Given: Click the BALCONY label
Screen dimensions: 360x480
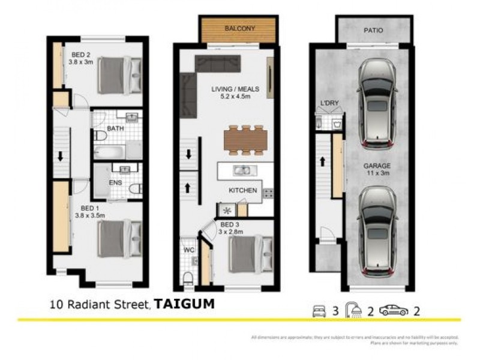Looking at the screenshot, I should click(x=240, y=28).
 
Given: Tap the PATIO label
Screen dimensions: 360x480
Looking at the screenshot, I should click(x=373, y=30).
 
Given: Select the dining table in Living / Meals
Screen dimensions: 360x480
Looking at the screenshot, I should click(x=244, y=140).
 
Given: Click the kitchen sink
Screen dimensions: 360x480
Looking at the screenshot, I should click(x=243, y=169).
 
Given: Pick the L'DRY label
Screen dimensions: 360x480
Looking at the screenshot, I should click(x=329, y=103).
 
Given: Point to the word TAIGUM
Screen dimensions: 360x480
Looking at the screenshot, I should click(x=184, y=303).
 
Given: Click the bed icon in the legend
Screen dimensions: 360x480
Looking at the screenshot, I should click(x=319, y=310).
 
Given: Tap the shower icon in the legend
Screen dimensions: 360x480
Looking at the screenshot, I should click(x=356, y=310).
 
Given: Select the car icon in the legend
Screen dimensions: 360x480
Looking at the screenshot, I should click(x=394, y=310).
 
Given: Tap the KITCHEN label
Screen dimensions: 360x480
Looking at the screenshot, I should click(x=243, y=190).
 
